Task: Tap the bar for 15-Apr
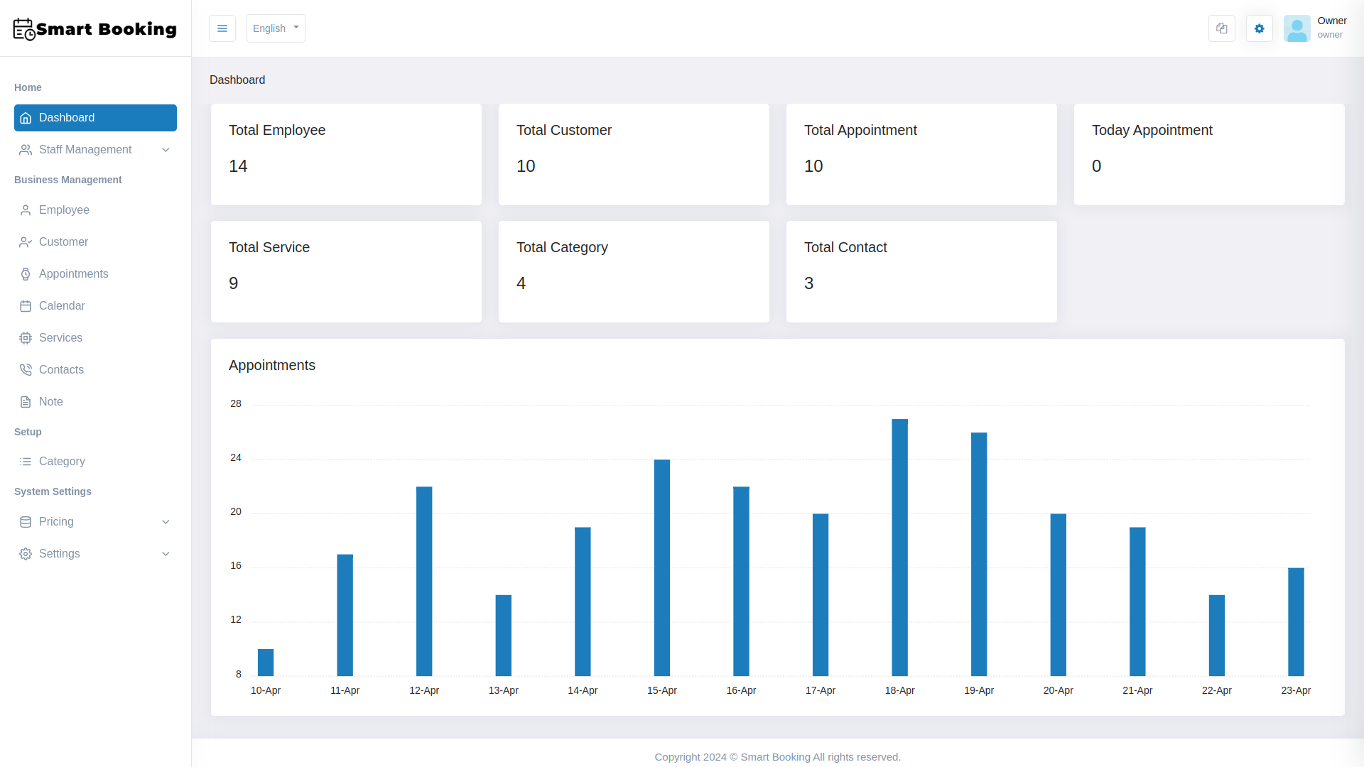click(x=661, y=567)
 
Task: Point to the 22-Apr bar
click(x=1216, y=635)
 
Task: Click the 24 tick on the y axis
click(x=236, y=458)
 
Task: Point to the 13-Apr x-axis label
click(x=503, y=690)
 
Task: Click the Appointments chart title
click(x=272, y=365)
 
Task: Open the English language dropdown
click(x=276, y=28)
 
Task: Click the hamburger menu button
click(x=222, y=28)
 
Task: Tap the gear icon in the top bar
click(x=1259, y=28)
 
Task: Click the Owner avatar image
click(x=1297, y=28)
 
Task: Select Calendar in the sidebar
click(x=62, y=306)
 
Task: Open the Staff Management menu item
click(x=85, y=150)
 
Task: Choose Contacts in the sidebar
click(x=61, y=370)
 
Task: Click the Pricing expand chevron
click(x=166, y=522)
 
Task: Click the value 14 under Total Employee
click(x=238, y=166)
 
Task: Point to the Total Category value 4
click(x=521, y=283)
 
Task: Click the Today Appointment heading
click(x=1152, y=130)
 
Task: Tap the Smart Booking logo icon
click(x=24, y=29)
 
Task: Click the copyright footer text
click(x=777, y=757)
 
